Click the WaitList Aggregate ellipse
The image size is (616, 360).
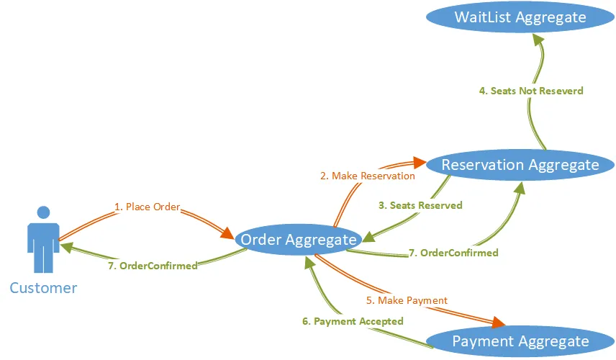520,17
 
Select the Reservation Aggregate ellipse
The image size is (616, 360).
520,165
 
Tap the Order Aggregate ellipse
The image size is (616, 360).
298,240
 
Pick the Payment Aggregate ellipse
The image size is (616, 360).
520,341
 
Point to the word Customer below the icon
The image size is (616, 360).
43,288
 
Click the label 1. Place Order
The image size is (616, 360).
147,207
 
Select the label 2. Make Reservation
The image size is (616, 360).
367,176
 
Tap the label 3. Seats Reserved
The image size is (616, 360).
420,205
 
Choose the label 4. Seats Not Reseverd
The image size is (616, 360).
531,91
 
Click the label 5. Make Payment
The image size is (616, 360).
407,300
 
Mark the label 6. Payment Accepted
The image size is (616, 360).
353,321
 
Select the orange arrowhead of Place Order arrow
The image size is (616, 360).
228,233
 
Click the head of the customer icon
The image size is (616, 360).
43,212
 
